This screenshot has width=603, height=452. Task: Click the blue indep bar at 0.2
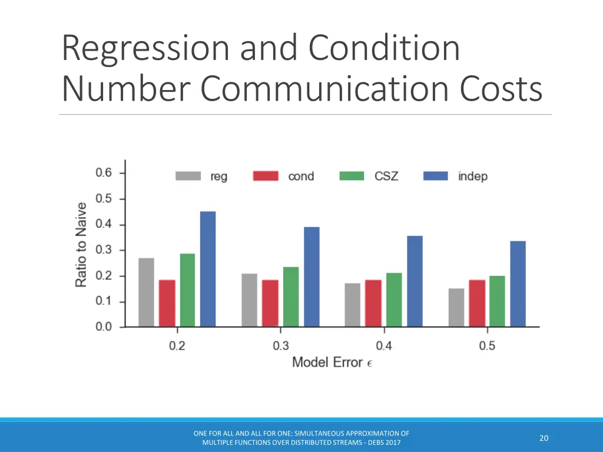pyautogui.click(x=208, y=269)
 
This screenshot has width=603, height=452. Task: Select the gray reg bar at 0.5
pyautogui.click(x=456, y=307)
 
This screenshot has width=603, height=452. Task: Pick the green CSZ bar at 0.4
pyautogui.click(x=394, y=300)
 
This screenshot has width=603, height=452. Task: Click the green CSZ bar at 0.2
pyautogui.click(x=187, y=290)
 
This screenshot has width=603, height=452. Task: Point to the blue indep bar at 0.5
pyautogui.click(x=518, y=284)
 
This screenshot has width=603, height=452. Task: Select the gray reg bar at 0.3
pyautogui.click(x=249, y=300)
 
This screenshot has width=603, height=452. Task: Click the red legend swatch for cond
pyautogui.click(x=265, y=176)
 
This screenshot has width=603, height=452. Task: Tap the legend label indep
pyautogui.click(x=472, y=176)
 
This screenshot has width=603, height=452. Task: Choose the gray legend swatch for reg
pyautogui.click(x=188, y=176)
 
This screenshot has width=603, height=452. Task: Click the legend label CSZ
pyautogui.click(x=386, y=176)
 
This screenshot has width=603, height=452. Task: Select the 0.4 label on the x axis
pyautogui.click(x=384, y=345)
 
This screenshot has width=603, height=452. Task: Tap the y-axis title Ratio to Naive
pyautogui.click(x=81, y=245)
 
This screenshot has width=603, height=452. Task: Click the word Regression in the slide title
pyautogui.click(x=145, y=49)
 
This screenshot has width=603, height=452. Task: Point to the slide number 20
pyautogui.click(x=544, y=438)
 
